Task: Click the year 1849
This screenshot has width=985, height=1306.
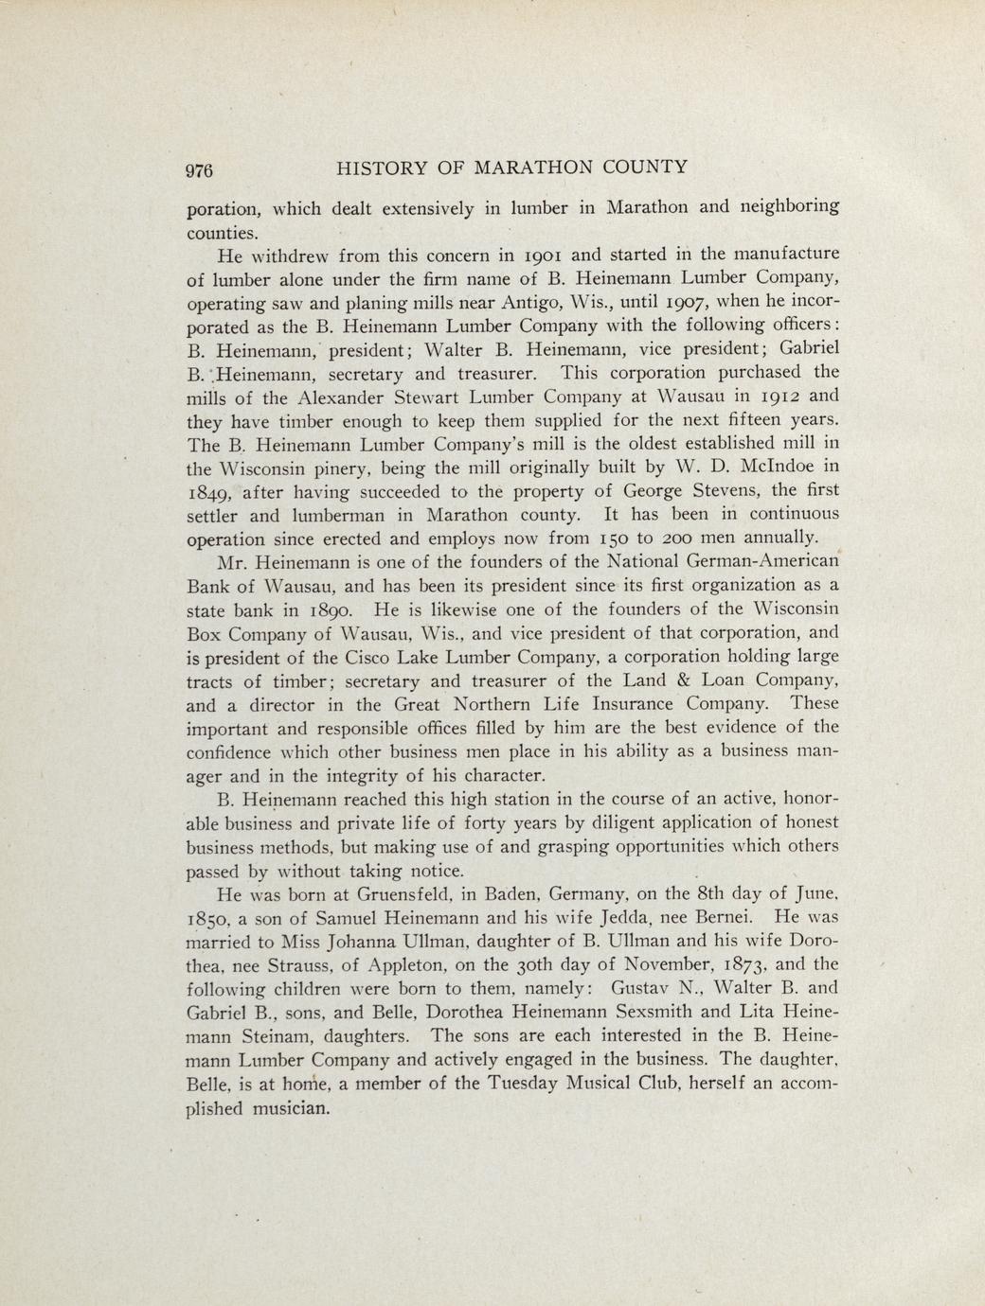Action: point(208,491)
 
